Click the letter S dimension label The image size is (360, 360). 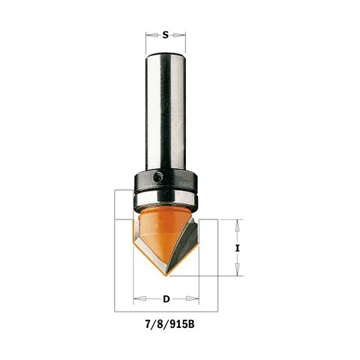click(x=165, y=35)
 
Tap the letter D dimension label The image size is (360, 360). click(x=166, y=299)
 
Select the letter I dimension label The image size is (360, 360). click(x=237, y=248)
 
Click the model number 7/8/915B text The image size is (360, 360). click(x=170, y=325)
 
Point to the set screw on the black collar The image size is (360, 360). click(x=158, y=177)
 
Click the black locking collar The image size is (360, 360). click(x=165, y=181)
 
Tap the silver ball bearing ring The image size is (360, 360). click(x=165, y=201)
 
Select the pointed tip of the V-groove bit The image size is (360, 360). click(x=167, y=275)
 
